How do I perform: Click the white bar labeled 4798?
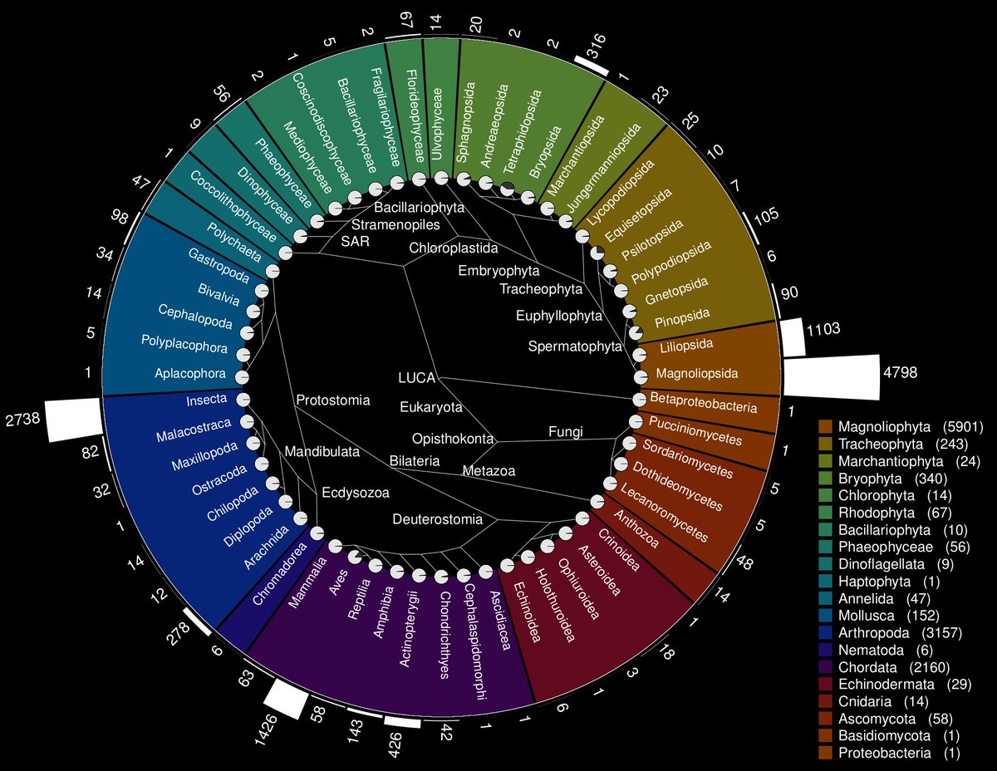(x=832, y=376)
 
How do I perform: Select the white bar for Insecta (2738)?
(x=73, y=419)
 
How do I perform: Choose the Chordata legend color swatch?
(x=825, y=667)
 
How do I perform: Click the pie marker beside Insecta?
(x=244, y=400)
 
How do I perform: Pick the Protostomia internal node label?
(x=332, y=400)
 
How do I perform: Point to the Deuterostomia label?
(x=437, y=520)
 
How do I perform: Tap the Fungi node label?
(x=566, y=431)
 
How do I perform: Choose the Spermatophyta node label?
(x=575, y=346)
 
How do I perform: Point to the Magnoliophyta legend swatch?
(x=825, y=427)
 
